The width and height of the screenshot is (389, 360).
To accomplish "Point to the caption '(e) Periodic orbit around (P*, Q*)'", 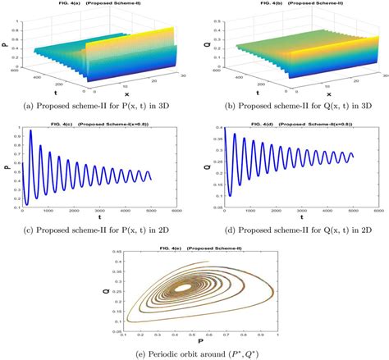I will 194,353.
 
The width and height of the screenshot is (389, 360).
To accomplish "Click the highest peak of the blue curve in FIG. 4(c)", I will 30,131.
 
